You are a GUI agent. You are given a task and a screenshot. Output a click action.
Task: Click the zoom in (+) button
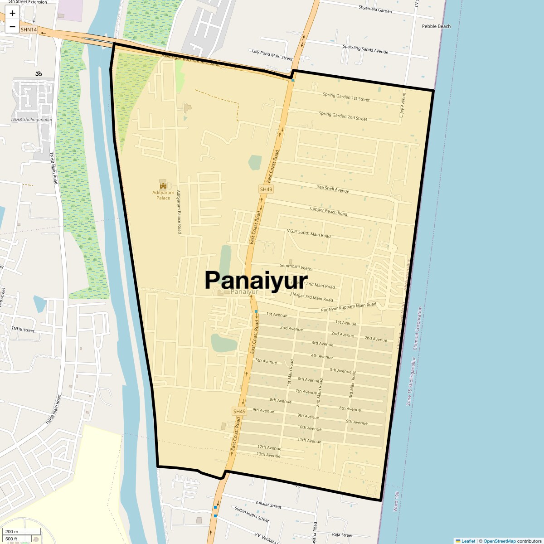click(12, 13)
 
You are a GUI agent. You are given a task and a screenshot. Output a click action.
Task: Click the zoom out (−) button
click(12, 26)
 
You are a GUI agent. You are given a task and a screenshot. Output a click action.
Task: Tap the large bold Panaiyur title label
click(256, 280)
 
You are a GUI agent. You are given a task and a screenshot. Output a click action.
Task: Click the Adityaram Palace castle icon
click(163, 185)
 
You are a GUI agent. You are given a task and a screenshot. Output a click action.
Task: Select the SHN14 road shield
click(29, 29)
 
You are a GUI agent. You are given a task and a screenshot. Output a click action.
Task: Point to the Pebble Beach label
click(436, 26)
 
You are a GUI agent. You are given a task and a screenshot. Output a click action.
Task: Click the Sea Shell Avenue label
click(333, 189)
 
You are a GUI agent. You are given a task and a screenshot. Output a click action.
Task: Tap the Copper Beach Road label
click(328, 211)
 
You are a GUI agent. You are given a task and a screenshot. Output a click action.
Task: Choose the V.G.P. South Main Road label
click(309, 233)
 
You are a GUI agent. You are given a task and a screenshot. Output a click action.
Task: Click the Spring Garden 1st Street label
click(346, 97)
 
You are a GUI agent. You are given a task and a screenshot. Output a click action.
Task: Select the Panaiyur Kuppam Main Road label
click(348, 307)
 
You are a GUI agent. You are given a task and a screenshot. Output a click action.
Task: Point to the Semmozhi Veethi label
click(296, 267)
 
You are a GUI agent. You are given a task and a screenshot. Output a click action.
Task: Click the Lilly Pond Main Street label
click(272, 55)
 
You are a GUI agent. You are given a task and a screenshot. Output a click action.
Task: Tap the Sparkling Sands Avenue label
click(365, 49)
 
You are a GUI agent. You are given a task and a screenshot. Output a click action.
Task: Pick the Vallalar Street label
click(268, 505)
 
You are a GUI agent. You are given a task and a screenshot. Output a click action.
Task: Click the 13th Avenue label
click(268, 454)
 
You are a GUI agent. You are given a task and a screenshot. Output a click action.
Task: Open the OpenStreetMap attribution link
click(499, 541)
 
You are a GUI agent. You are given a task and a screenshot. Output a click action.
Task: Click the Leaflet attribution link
click(468, 541)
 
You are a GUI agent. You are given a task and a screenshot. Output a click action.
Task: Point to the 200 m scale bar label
click(12, 532)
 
